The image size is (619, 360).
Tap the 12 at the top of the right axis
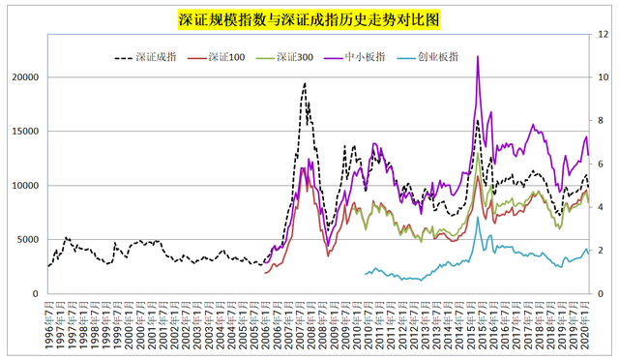click(604, 35)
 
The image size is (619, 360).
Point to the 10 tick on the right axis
click(604, 77)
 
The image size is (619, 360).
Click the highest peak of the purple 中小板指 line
click(478, 56)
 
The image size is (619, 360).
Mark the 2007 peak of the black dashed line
click(305, 83)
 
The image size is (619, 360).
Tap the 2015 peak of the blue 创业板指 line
click(478, 217)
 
